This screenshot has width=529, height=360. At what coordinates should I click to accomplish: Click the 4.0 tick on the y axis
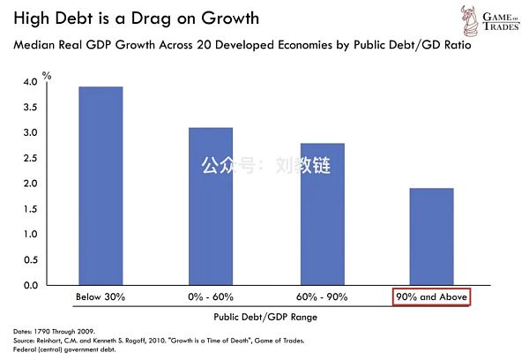pos(31,82)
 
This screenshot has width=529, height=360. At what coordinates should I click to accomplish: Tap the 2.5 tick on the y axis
pos(31,159)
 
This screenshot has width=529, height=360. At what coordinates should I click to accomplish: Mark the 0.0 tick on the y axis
pos(31,286)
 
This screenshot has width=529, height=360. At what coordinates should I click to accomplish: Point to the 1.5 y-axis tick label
pos(31,209)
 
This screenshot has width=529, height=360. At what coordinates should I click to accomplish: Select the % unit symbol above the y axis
pos(48,76)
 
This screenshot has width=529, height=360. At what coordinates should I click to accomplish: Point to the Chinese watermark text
pos(264,165)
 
